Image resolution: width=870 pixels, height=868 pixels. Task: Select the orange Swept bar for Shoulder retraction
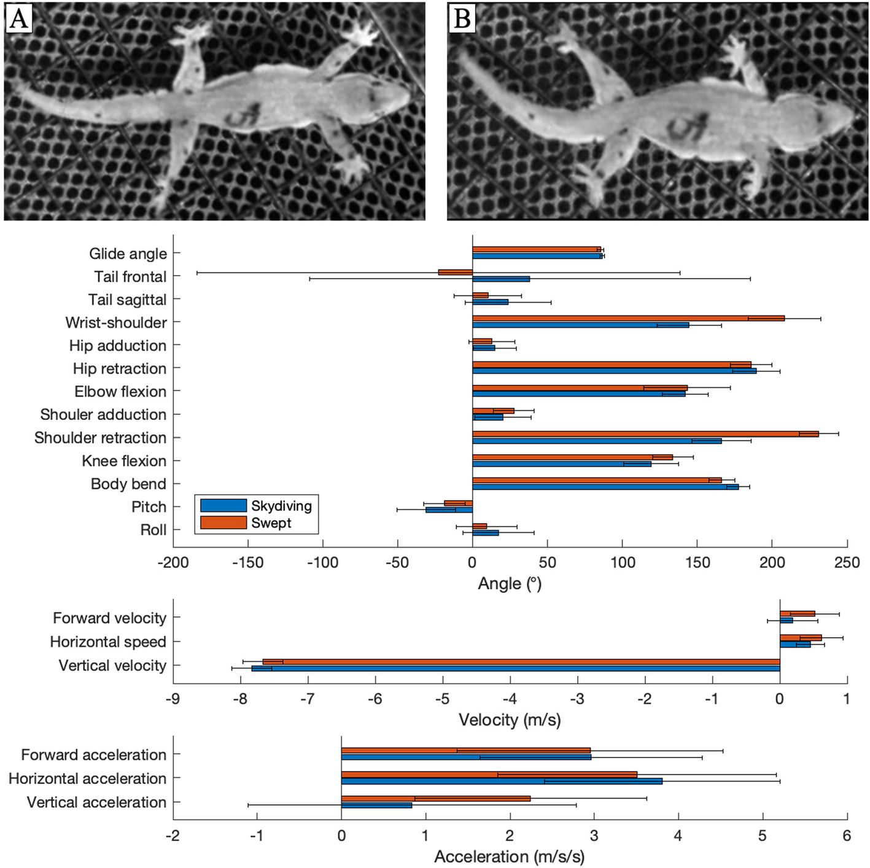[645, 434]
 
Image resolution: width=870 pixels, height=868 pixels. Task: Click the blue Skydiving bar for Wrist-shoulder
[580, 325]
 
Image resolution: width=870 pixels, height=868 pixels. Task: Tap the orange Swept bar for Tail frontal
[455, 272]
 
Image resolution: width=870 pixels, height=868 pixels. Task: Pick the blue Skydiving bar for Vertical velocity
[516, 668]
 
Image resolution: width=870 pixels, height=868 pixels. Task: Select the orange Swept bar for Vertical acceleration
[435, 799]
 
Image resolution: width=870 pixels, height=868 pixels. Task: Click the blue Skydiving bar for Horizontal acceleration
[501, 781]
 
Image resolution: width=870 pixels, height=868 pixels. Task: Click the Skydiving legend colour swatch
[223, 506]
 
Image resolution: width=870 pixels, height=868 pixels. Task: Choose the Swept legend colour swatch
[223, 523]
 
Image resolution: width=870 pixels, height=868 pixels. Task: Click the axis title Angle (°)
[510, 583]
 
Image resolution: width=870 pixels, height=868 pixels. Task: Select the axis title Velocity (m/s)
[510, 719]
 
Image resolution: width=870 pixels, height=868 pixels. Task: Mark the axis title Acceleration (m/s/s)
[510, 856]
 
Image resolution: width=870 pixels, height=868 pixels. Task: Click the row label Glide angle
[128, 254]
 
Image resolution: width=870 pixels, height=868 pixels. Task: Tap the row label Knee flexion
[124, 461]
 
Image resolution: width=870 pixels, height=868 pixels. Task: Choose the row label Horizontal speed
[108, 642]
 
